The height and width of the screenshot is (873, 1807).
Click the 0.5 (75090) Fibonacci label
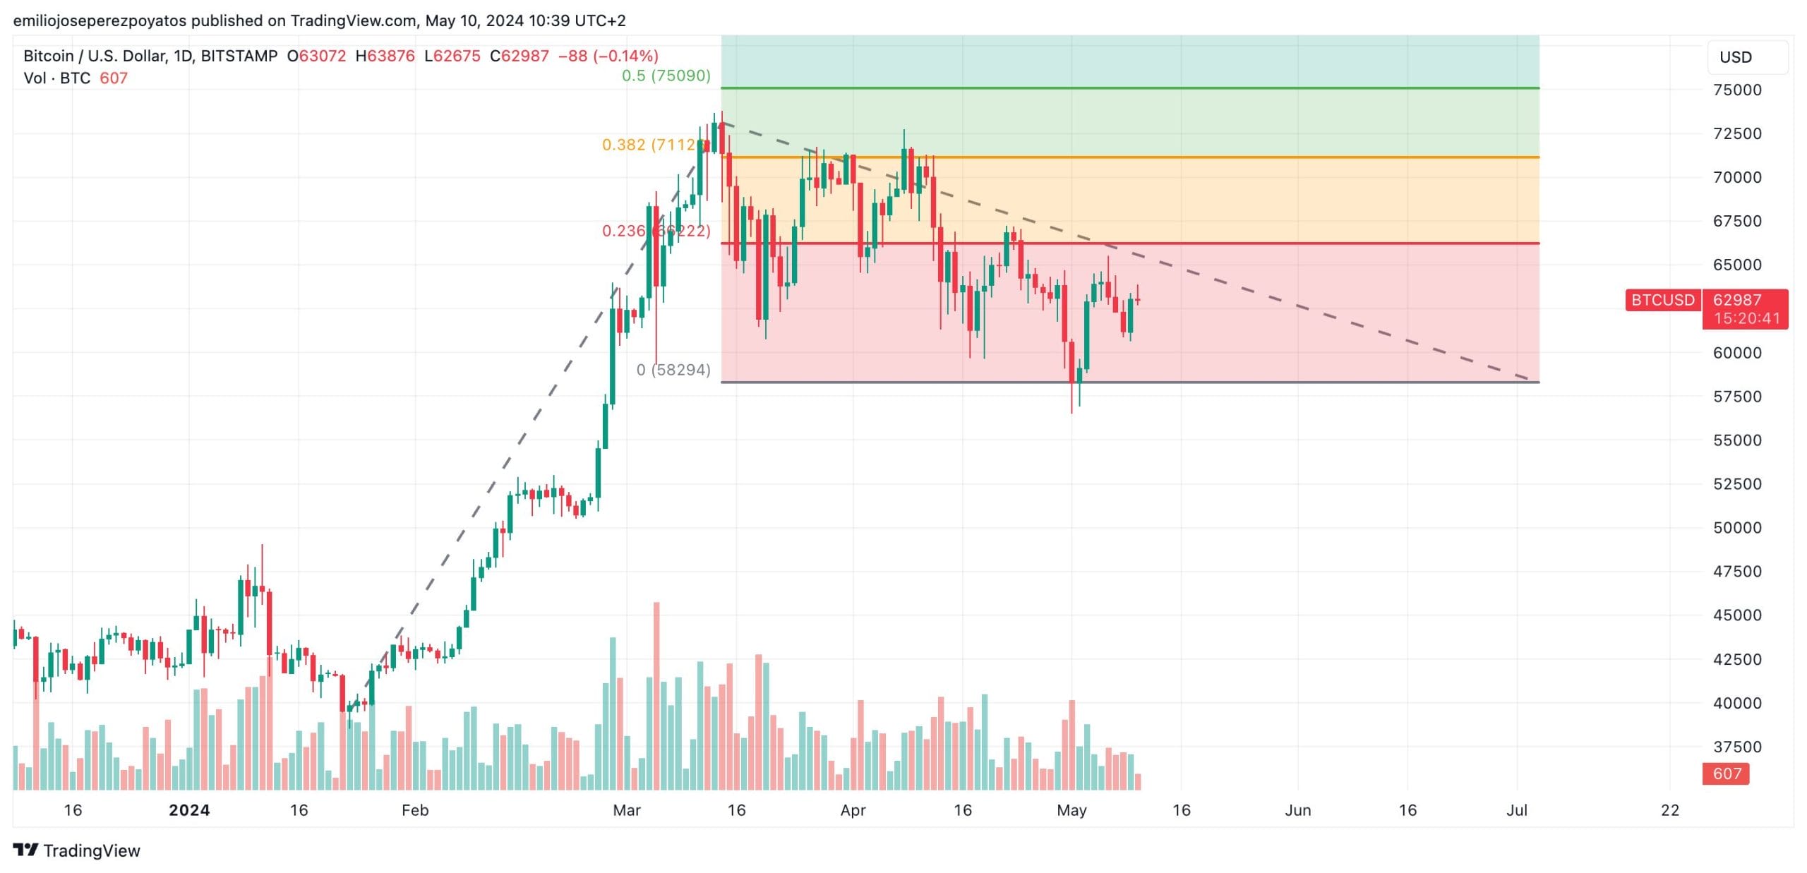coord(666,76)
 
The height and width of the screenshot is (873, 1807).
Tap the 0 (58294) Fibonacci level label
coord(673,370)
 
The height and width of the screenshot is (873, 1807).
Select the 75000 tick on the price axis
coord(1737,90)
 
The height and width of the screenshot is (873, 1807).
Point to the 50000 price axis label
coord(1737,528)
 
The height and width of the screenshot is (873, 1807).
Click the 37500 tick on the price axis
coord(1737,747)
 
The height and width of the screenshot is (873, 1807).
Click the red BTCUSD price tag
coord(1662,300)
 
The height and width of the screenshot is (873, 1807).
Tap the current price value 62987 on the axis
coord(1737,300)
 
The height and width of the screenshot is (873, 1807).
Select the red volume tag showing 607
coord(1726,773)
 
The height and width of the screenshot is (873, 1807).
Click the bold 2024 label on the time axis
coord(189,810)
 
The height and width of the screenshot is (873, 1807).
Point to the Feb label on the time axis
coord(415,810)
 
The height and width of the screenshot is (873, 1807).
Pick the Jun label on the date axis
coord(1297,810)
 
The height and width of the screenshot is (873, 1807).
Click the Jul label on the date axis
coord(1517,810)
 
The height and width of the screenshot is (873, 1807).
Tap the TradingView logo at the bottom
coord(77,850)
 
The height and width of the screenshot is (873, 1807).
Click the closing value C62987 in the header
coord(520,56)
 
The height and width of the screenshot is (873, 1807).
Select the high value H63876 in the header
coord(385,56)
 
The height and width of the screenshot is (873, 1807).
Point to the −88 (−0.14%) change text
coord(608,56)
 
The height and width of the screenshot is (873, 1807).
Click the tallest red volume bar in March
coord(656,695)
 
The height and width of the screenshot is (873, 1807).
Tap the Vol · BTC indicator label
coord(57,78)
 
